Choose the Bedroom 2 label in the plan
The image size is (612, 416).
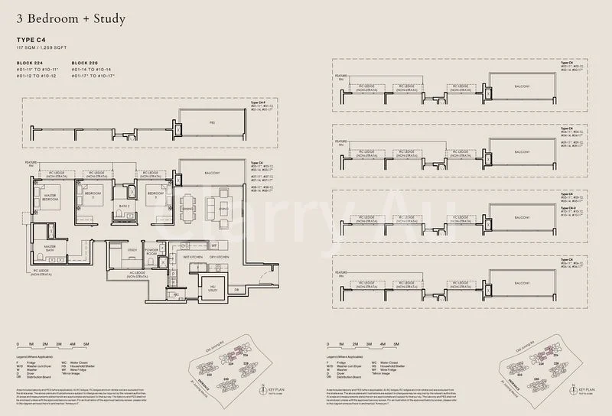(93, 194)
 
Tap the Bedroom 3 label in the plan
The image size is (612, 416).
(154, 194)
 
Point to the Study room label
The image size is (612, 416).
(132, 249)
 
